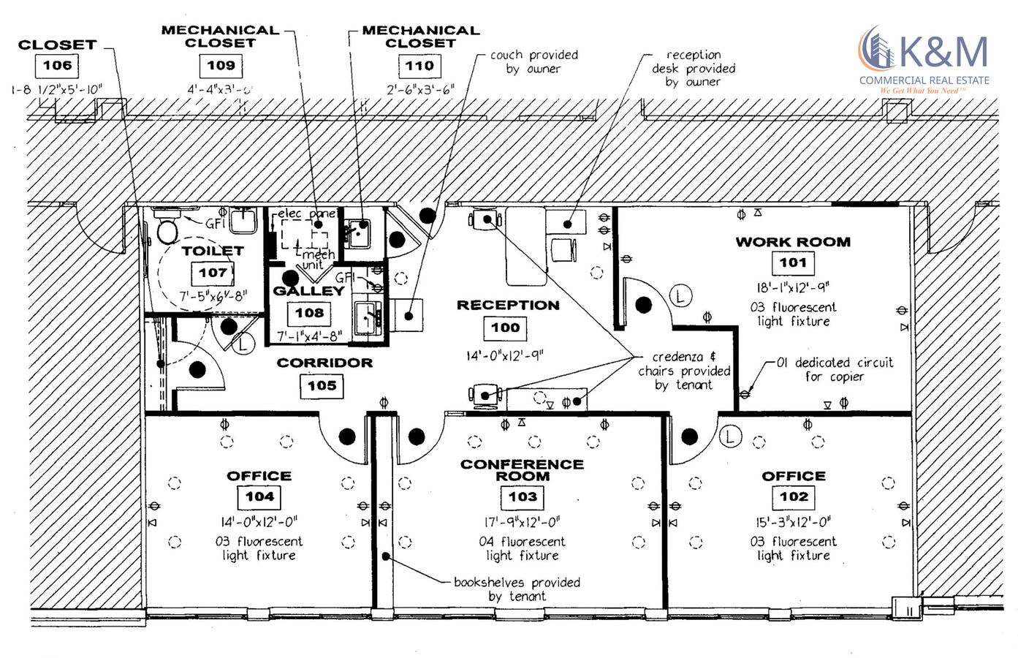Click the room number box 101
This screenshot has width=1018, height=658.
click(792, 262)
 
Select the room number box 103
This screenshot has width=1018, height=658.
click(523, 497)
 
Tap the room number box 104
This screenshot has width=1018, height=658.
click(259, 497)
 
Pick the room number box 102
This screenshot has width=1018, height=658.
click(794, 497)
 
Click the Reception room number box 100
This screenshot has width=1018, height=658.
click(505, 328)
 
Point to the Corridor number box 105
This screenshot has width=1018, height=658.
click(322, 385)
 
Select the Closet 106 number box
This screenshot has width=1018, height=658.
click(57, 65)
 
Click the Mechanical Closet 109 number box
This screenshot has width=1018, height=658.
click(221, 65)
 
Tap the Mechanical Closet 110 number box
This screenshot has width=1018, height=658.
click(419, 66)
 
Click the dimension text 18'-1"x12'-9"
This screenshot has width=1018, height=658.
click(793, 287)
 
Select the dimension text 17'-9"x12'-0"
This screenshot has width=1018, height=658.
click(523, 522)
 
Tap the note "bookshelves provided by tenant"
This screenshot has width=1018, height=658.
click(517, 589)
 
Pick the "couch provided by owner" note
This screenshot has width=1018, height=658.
click(534, 61)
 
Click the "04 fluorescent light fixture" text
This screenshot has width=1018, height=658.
click(523, 548)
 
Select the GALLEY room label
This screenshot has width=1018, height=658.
click(308, 291)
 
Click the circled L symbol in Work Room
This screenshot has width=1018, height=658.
click(680, 297)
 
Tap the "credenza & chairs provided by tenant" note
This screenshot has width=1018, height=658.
click(684, 371)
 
